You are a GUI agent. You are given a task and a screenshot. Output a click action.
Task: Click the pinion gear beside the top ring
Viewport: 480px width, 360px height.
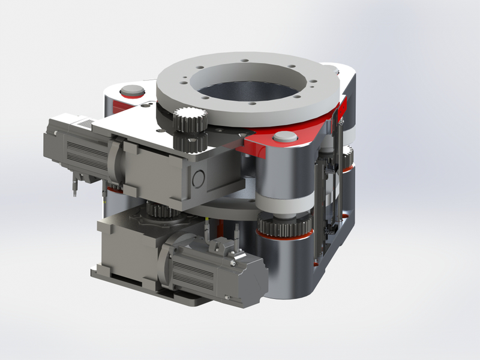[190, 118]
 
